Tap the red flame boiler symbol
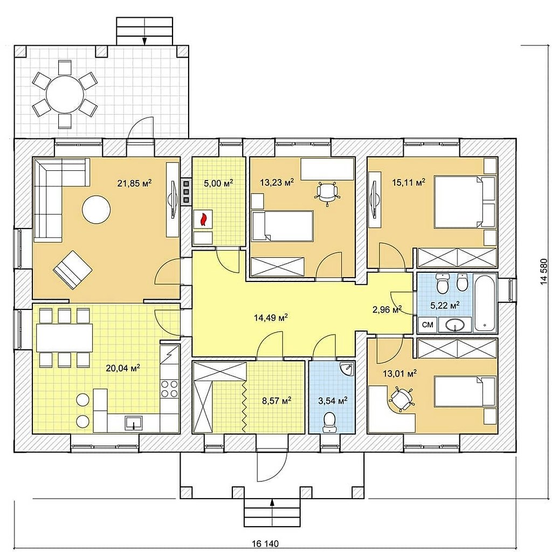pos(203,219)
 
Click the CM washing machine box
pos(427,325)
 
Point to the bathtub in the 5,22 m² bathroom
pos(485,303)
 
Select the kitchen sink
pos(134,423)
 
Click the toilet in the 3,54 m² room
pos(329,423)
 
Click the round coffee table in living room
pos(96,210)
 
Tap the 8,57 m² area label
pos(277,401)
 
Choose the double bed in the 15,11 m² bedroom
pos(465,202)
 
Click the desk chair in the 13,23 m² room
pos(327,192)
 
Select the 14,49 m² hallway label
pos(271,318)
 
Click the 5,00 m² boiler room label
pos(219,183)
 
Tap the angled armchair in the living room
pos(73,270)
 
